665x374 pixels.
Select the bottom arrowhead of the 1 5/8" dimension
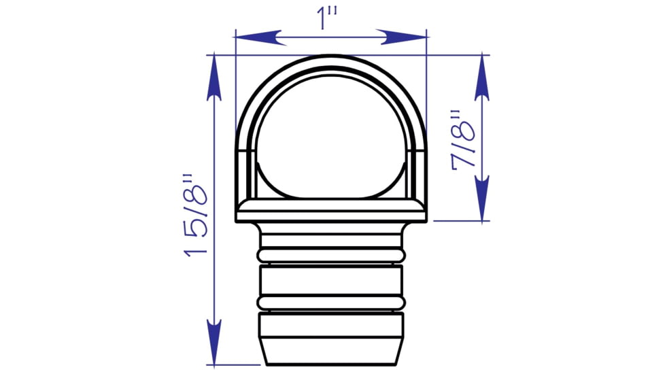pyautogui.click(x=214, y=343)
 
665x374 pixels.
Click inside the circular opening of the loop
pyautogui.click(x=330, y=136)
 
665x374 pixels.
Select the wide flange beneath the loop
pyautogui.click(x=330, y=211)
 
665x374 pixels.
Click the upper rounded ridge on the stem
pyautogui.click(x=330, y=254)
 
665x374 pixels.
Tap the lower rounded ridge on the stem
pyautogui.click(x=330, y=302)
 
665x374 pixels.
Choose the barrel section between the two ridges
pyautogui.click(x=330, y=278)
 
